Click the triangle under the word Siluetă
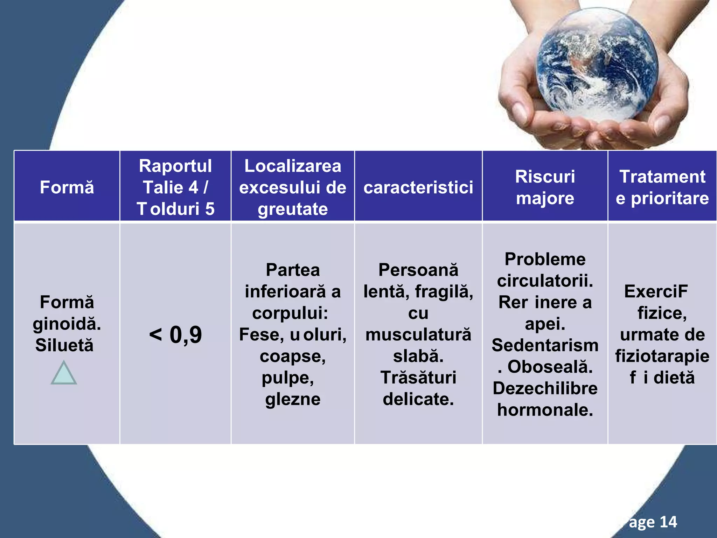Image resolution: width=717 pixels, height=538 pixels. [64, 374]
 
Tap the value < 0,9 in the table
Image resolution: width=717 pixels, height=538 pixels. [175, 334]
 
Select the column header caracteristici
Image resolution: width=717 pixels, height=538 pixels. [418, 187]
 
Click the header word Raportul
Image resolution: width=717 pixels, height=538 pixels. [175, 166]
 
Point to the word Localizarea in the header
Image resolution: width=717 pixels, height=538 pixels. [293, 166]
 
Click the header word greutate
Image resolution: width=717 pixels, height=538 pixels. [293, 209]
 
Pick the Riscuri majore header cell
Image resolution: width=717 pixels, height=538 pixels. [545, 187]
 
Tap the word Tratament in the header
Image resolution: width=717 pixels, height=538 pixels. [662, 177]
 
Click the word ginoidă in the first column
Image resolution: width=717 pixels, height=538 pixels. [67, 324]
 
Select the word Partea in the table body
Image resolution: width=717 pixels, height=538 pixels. [293, 270]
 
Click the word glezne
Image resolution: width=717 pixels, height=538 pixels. [293, 399]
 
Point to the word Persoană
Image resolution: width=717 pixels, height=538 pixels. [418, 270]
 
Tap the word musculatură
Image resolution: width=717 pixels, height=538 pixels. [418, 334]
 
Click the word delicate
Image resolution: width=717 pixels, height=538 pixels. [418, 399]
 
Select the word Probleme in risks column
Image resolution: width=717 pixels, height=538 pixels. [545, 260]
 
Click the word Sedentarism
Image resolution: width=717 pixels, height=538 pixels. [545, 345]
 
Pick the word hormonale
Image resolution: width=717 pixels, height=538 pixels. [545, 410]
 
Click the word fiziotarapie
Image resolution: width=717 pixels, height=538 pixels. [662, 356]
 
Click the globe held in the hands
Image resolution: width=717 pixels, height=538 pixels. [597, 65]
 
